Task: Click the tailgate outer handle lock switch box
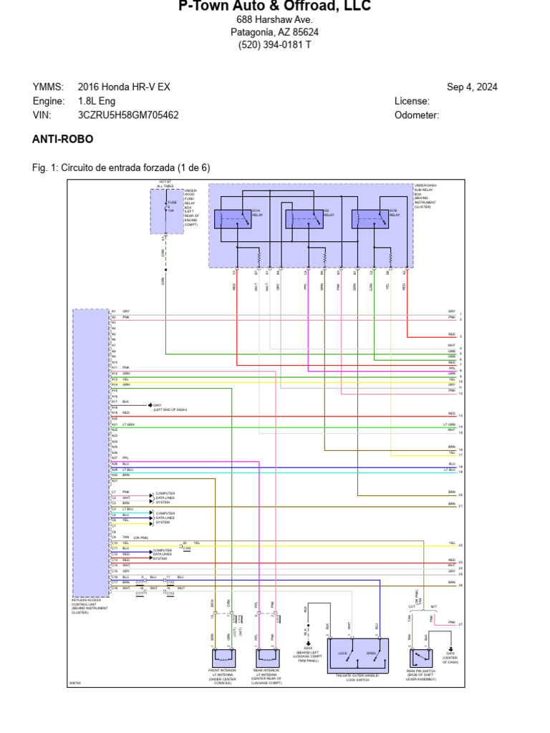[x=357, y=656]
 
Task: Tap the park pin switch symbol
[x=420, y=657]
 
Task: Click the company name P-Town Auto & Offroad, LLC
[x=274, y=6]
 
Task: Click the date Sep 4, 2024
[x=472, y=87]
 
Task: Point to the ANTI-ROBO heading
[x=63, y=139]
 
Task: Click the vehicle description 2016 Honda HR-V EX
[x=124, y=87]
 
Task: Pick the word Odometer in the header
[x=416, y=115]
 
